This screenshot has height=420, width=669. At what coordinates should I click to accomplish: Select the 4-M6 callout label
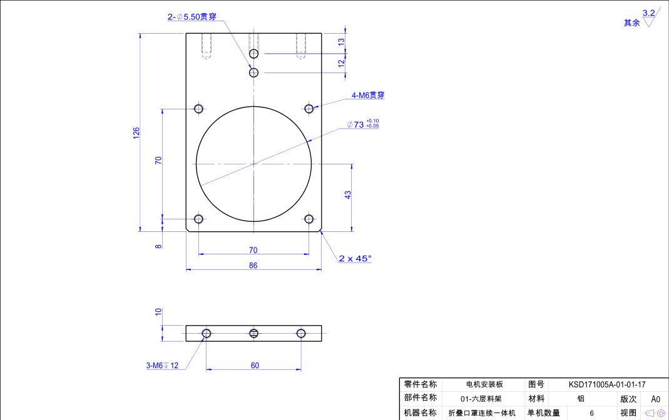coord(368,95)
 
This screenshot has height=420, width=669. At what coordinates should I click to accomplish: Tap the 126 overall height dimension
coord(136,132)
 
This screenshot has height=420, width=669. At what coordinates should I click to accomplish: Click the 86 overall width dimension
coord(253,265)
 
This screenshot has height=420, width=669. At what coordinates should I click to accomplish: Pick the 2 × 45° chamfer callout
coord(355,258)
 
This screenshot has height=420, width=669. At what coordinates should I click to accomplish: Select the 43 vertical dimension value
coord(348,194)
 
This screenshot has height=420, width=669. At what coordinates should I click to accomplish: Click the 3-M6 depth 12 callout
coord(162,366)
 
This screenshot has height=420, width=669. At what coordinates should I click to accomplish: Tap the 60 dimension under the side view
coord(255,366)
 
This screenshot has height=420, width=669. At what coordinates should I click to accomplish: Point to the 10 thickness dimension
coord(158,311)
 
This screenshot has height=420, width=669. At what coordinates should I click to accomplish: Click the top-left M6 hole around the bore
coord(198,109)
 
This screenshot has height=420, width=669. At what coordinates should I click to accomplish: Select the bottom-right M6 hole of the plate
coord(309,219)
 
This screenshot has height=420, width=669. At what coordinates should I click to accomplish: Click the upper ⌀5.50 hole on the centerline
coord(253,54)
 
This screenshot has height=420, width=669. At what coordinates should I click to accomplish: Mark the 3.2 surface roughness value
coord(648,12)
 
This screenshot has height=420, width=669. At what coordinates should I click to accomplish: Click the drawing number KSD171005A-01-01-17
coord(606,385)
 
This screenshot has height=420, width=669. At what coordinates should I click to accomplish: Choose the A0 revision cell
coord(655,399)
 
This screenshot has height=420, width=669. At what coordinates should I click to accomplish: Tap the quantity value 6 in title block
coord(591,413)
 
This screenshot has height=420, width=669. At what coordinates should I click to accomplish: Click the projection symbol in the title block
coord(655,413)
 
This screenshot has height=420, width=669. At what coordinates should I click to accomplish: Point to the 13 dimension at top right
coord(341,41)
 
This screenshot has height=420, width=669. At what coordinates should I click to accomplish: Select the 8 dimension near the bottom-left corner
coord(158,246)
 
